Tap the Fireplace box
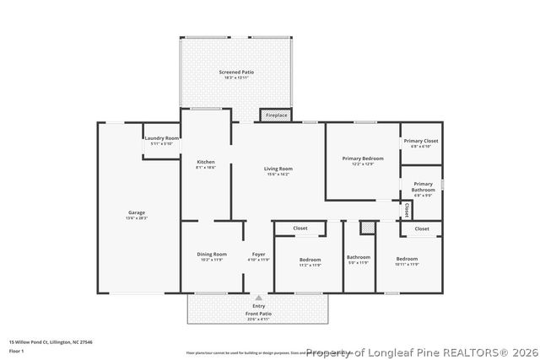pyautogui.click(x=276, y=115)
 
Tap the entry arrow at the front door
pyautogui.click(x=259, y=298)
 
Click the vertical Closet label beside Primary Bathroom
pyautogui.click(x=407, y=208)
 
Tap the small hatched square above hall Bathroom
pyautogui.click(x=366, y=228)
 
